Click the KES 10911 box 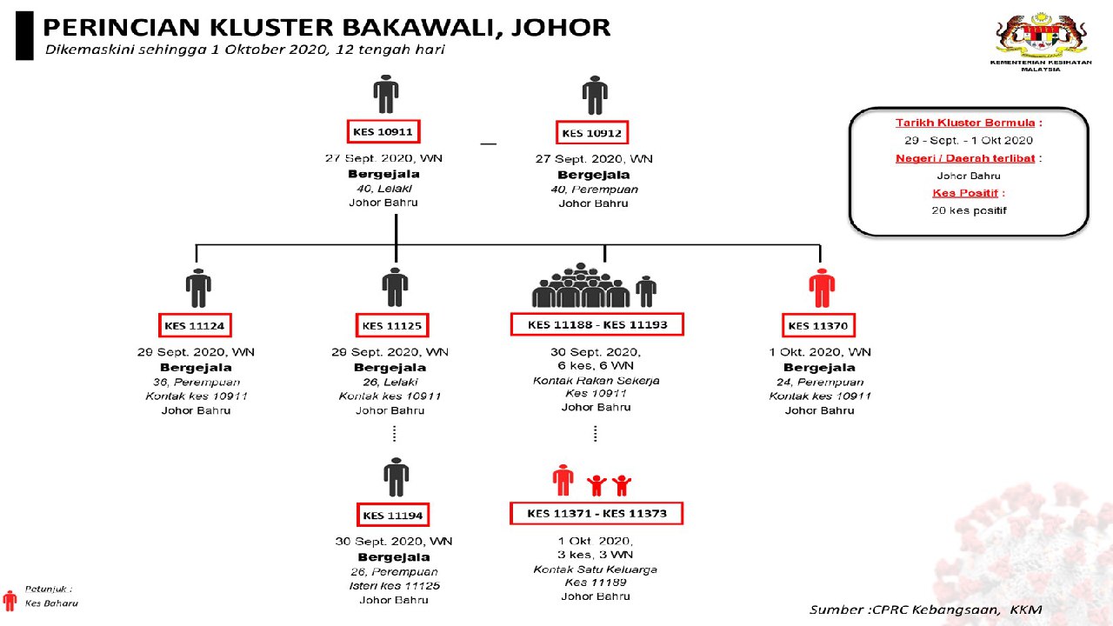(383, 132)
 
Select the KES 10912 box (591, 133)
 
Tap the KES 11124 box (195, 326)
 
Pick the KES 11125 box (392, 326)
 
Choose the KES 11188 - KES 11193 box (596, 324)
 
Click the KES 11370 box (818, 326)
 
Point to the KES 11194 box (393, 515)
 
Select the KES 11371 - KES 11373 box (596, 513)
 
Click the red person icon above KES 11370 (821, 288)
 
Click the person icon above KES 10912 (595, 95)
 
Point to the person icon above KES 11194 (396, 476)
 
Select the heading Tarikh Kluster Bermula (968, 123)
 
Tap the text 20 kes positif (968, 210)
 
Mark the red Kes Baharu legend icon (10, 601)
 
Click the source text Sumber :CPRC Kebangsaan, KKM (925, 609)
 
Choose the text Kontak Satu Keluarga (596, 569)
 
